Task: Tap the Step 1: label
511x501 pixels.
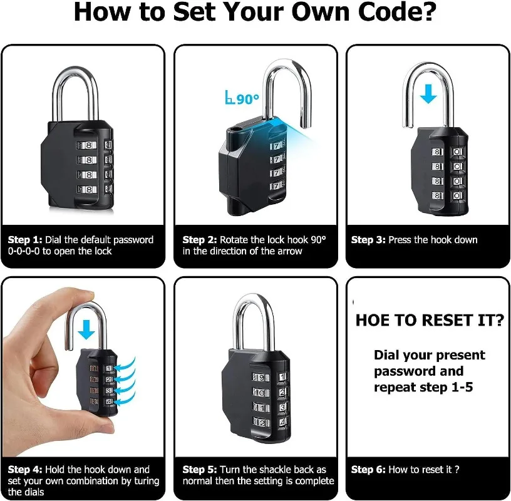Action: [x=25, y=240]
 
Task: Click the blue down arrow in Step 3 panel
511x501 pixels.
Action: [x=428, y=94]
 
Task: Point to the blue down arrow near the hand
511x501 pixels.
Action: [x=86, y=329]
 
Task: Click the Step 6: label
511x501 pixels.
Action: [x=368, y=470]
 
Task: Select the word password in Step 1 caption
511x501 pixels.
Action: [x=133, y=240]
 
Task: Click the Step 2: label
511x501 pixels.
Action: [x=200, y=240]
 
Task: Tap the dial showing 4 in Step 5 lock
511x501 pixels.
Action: [x=282, y=422]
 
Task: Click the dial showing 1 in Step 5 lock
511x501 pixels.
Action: [x=282, y=377]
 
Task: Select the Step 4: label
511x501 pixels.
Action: [x=25, y=470]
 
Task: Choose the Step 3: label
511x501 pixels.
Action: [x=368, y=240]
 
